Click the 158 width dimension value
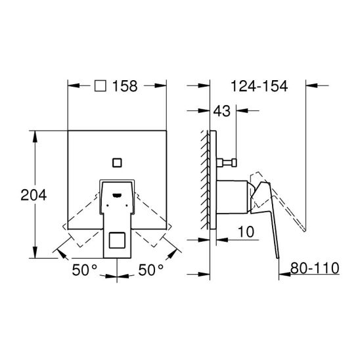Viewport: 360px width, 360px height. pos(125,86)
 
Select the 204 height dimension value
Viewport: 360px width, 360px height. pos(34,195)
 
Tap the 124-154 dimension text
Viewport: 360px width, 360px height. pos(259,86)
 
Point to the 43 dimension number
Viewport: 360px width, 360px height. pos(221,111)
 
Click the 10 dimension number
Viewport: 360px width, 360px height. pos(246,232)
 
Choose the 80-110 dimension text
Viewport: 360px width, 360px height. pos(315,268)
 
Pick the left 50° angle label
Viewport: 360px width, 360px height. pos(85,270)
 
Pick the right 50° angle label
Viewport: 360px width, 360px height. pos(150,270)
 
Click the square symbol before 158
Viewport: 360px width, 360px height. pos(101,86)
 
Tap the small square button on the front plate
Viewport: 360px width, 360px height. pos(117,162)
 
